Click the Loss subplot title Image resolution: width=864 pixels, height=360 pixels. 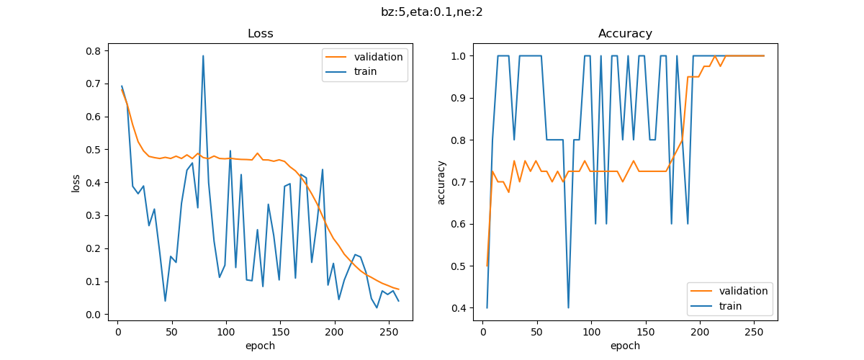point(260,34)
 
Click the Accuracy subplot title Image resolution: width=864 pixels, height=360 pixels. point(625,34)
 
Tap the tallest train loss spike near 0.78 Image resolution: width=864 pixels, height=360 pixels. point(203,55)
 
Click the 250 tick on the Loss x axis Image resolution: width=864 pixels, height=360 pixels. point(388,332)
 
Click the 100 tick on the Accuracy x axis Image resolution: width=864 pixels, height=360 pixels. point(591,332)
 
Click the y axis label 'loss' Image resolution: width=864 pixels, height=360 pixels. point(76,182)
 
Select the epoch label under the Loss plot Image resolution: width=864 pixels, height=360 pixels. point(260,346)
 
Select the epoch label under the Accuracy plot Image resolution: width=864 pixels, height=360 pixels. point(625,346)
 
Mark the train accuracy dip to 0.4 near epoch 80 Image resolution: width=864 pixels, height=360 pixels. point(568,307)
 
